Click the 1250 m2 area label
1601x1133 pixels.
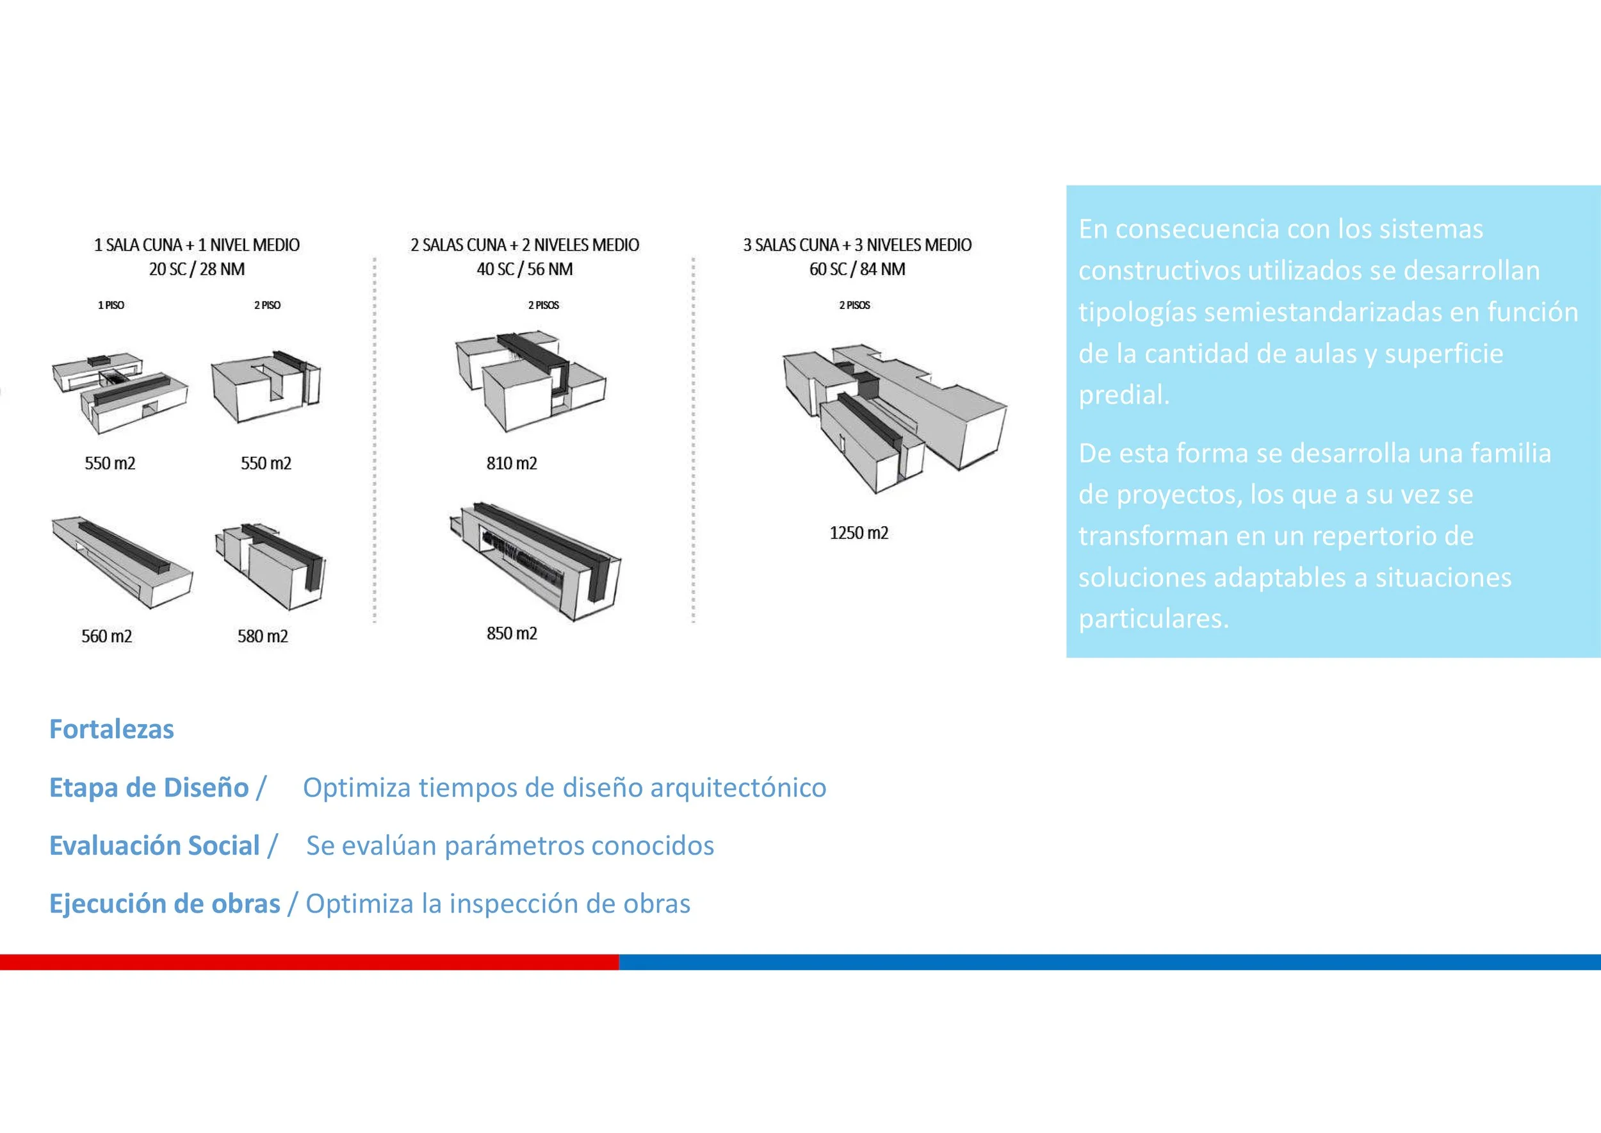click(x=858, y=533)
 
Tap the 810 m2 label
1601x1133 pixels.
click(x=512, y=463)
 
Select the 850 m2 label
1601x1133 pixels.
click(x=512, y=634)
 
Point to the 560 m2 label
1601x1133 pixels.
click(x=107, y=636)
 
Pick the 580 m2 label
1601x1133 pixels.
click(x=263, y=636)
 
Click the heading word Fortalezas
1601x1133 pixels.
click(x=111, y=729)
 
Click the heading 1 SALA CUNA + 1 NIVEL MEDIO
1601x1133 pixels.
click(x=197, y=245)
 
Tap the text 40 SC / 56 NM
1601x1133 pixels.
click(x=524, y=269)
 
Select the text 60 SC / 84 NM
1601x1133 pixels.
click(x=857, y=269)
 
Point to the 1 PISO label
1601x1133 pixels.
click(x=111, y=305)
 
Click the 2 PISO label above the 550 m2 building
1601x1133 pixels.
click(x=267, y=305)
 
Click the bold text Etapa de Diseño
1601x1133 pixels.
click(x=149, y=788)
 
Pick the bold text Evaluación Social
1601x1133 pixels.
click(x=154, y=845)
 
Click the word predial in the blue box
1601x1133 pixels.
click(x=1123, y=395)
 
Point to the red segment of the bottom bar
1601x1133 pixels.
click(x=309, y=962)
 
